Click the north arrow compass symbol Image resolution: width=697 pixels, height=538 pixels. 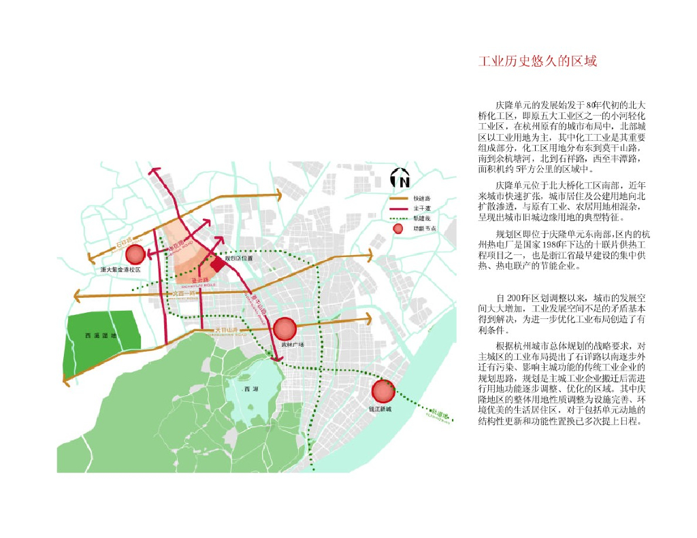pos(400,178)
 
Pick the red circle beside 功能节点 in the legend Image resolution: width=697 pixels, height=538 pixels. pos(398,229)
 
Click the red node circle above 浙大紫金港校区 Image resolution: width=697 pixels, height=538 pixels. pos(135,254)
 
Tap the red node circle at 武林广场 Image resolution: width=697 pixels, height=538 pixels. pos(285,329)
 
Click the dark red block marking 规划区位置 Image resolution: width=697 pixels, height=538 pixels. pos(218,264)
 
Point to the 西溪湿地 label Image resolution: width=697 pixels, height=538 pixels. pos(101,336)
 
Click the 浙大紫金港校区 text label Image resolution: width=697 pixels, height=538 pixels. pos(120,270)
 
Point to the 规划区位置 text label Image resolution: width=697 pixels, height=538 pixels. pos(239,258)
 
